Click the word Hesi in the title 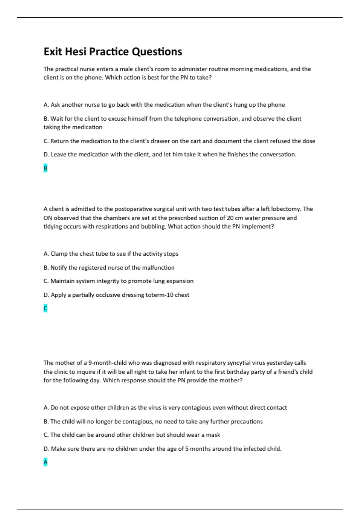[76, 52]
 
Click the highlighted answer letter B [45, 168]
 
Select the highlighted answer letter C [45, 308]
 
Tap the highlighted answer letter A [45, 462]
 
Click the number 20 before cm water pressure [230, 218]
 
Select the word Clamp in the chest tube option [59, 254]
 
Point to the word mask [213, 435]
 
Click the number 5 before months [187, 449]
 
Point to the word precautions [247, 421]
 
